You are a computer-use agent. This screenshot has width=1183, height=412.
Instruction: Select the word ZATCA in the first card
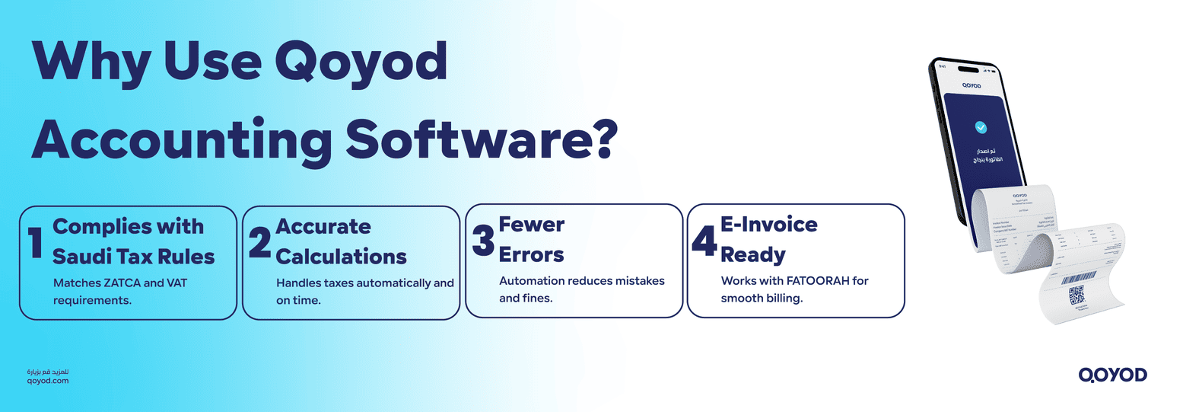[123, 283]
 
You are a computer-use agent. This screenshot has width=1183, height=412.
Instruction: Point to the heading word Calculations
[341, 256]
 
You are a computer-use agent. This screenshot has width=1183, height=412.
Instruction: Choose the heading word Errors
[531, 254]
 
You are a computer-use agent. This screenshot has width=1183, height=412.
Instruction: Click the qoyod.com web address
[47, 380]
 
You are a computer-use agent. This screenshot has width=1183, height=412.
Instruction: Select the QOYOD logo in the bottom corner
[1112, 374]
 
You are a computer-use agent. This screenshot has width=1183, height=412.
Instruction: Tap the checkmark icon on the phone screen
[983, 127]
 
